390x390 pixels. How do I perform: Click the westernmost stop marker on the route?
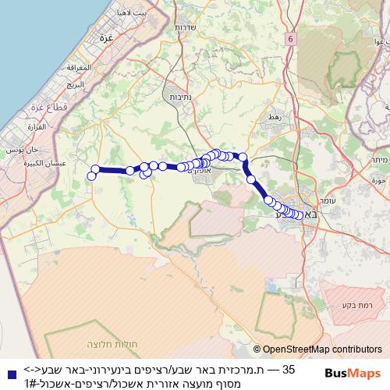tap(91, 176)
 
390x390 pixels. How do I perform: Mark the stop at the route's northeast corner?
tap(243, 157)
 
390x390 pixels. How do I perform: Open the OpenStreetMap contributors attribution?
tap(322, 350)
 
